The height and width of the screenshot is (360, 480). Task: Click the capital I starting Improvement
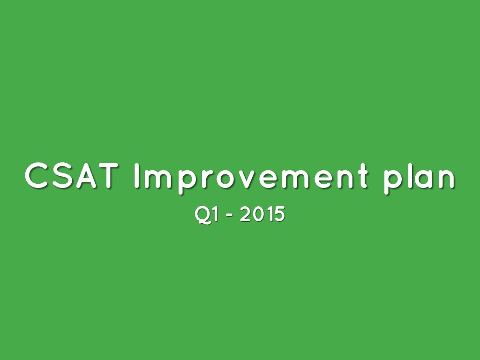coord(137,177)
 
